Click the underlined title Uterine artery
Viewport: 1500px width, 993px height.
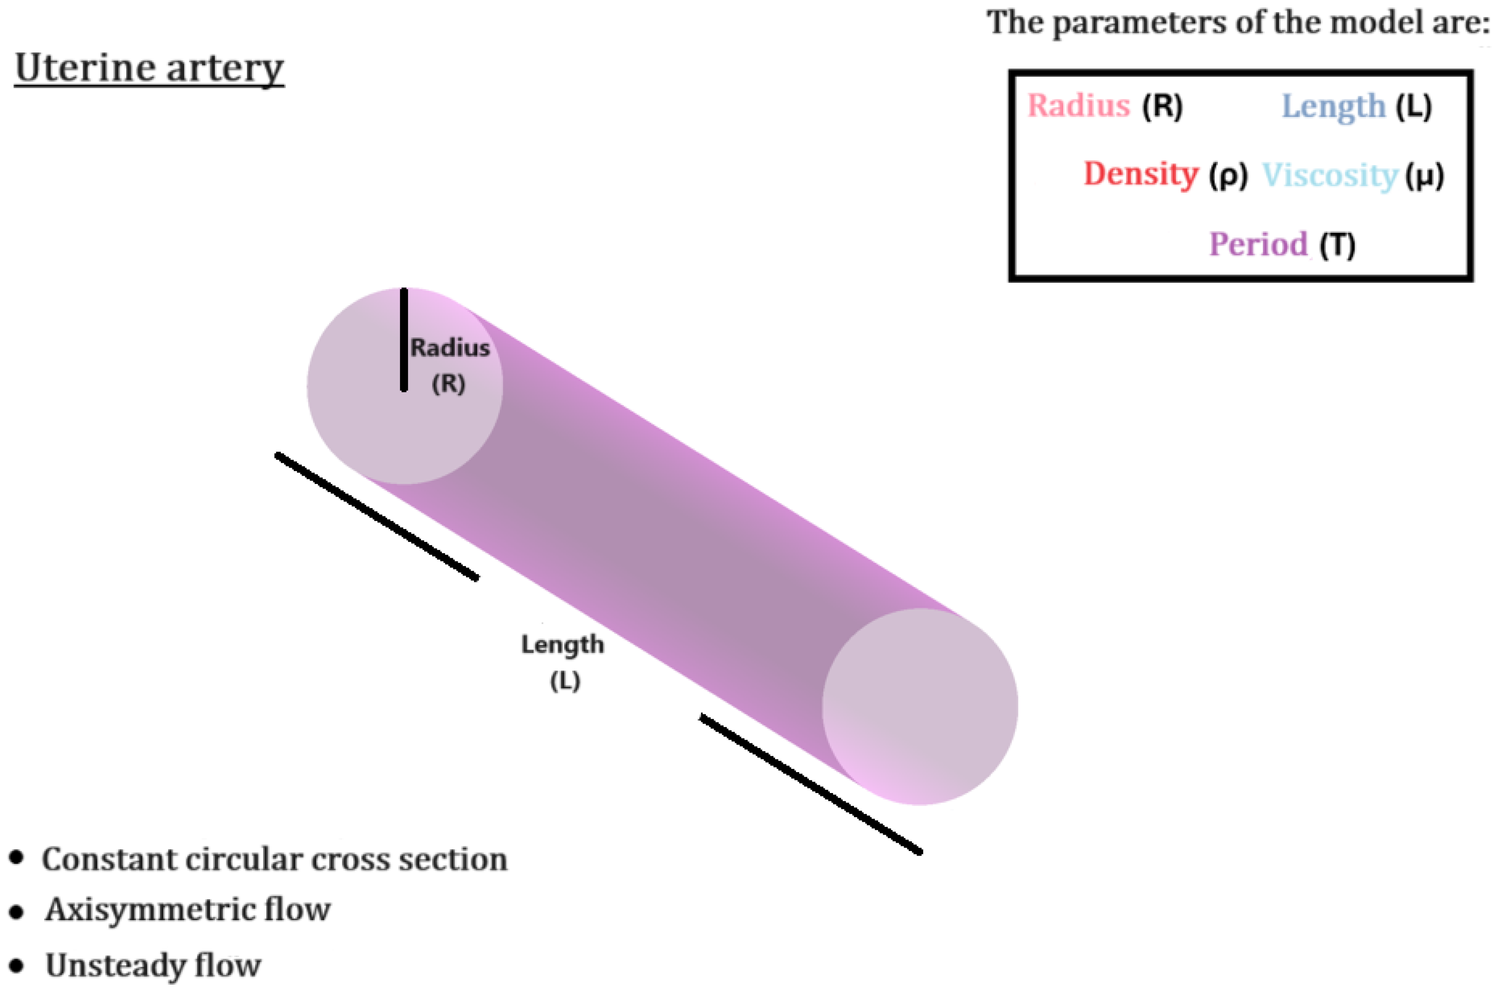tap(149, 68)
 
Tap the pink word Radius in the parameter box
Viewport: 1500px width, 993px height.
tap(1078, 105)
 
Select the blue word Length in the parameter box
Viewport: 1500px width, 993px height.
tap(1333, 106)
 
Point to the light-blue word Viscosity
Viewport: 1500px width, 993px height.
tap(1330, 175)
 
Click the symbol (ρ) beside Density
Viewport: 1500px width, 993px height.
tap(1228, 175)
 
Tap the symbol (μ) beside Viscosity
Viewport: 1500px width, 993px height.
tap(1424, 175)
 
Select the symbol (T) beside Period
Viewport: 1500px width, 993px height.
tap(1337, 245)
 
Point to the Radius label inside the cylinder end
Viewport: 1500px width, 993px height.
tap(450, 348)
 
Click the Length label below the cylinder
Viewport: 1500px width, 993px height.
tap(562, 645)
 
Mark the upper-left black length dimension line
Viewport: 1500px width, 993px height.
tap(377, 516)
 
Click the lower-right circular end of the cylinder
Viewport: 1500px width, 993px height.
tap(920, 706)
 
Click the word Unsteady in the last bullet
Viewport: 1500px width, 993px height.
tap(115, 966)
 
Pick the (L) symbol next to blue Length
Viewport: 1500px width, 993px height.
tap(1414, 106)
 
